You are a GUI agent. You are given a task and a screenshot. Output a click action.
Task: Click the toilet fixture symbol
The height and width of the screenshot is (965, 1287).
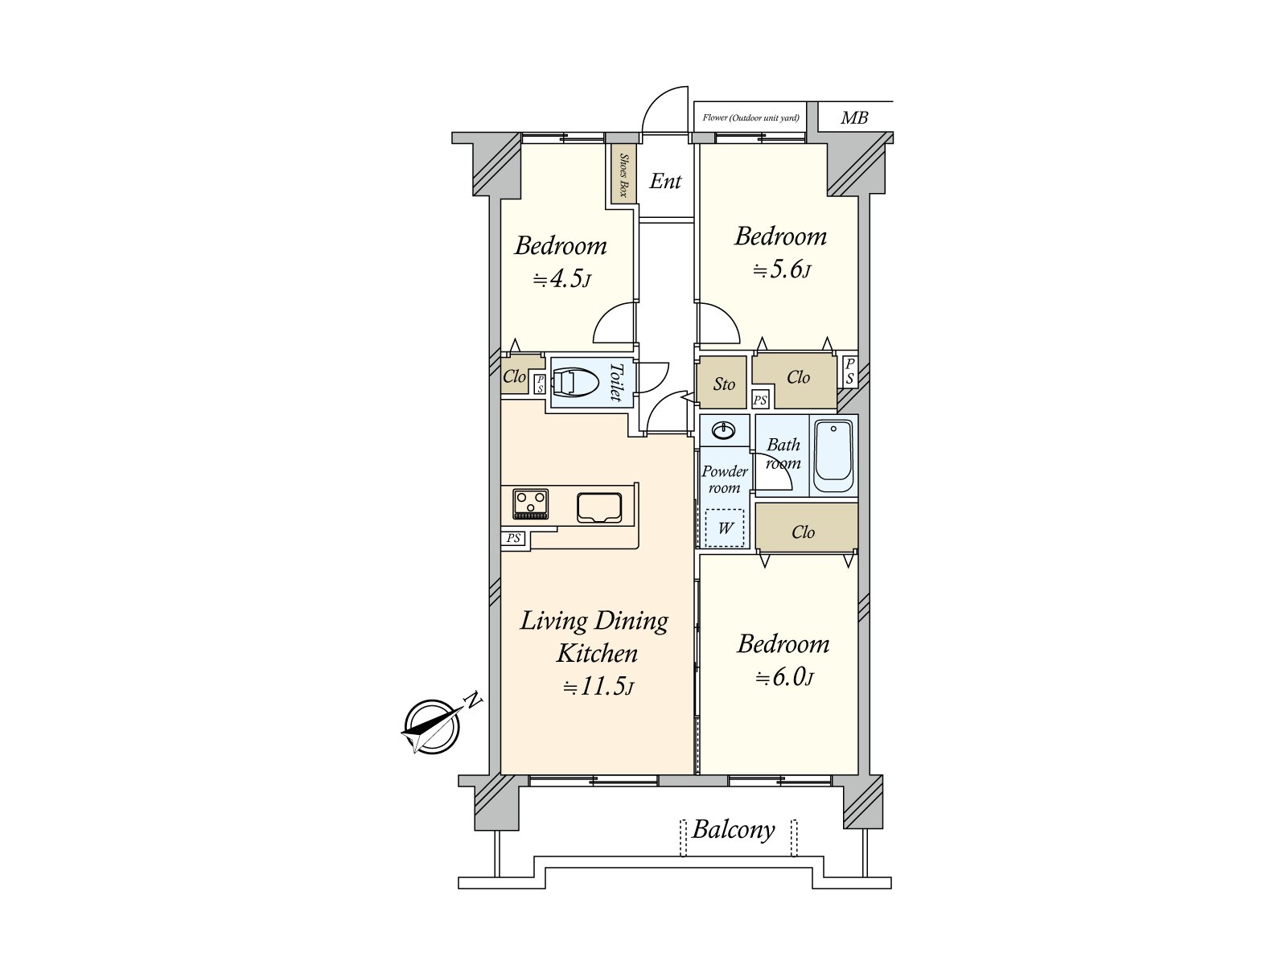[576, 383]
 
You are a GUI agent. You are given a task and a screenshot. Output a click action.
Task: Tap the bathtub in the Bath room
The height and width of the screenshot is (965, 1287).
[833, 457]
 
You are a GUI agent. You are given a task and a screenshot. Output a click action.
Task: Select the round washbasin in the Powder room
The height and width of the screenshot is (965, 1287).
[724, 431]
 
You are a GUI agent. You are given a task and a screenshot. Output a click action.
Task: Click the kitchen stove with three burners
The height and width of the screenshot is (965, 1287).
[531, 503]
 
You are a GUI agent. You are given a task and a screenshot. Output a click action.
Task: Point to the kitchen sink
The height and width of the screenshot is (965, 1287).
[599, 507]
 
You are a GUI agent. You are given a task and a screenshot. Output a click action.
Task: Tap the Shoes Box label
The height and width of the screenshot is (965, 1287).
[624, 175]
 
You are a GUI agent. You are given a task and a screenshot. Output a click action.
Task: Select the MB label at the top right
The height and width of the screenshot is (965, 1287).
[853, 118]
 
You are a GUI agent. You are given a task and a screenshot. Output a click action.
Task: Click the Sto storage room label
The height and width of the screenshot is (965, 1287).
[724, 384]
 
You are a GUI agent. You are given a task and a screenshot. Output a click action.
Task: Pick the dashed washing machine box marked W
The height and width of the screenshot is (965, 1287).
[725, 528]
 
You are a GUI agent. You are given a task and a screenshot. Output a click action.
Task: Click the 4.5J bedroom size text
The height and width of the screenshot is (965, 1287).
[561, 280]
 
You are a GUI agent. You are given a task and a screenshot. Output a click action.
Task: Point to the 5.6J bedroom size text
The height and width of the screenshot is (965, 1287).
[782, 270]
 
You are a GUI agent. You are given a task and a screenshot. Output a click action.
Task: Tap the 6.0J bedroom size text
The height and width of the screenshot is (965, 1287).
[784, 678]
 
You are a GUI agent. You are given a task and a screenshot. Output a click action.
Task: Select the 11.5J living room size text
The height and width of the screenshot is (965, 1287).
[598, 687]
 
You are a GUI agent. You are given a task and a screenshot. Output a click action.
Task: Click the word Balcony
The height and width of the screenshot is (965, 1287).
[734, 831]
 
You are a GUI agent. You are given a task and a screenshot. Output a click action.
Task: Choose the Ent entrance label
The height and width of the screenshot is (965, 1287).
[665, 181]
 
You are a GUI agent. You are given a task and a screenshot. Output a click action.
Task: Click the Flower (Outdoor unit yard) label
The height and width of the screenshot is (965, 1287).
[750, 117]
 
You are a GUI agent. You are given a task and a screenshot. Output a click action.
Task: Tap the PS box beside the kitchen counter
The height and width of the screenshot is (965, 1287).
[514, 538]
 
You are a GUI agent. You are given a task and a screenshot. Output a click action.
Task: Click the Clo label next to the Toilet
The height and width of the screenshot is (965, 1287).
[514, 376]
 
